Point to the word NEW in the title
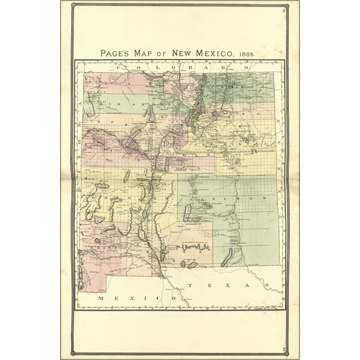click(182, 53)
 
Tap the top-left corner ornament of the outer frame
click(73, 6)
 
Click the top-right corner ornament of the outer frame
click(286, 6)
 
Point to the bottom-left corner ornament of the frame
click(73, 353)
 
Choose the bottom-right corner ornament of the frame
click(286, 353)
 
